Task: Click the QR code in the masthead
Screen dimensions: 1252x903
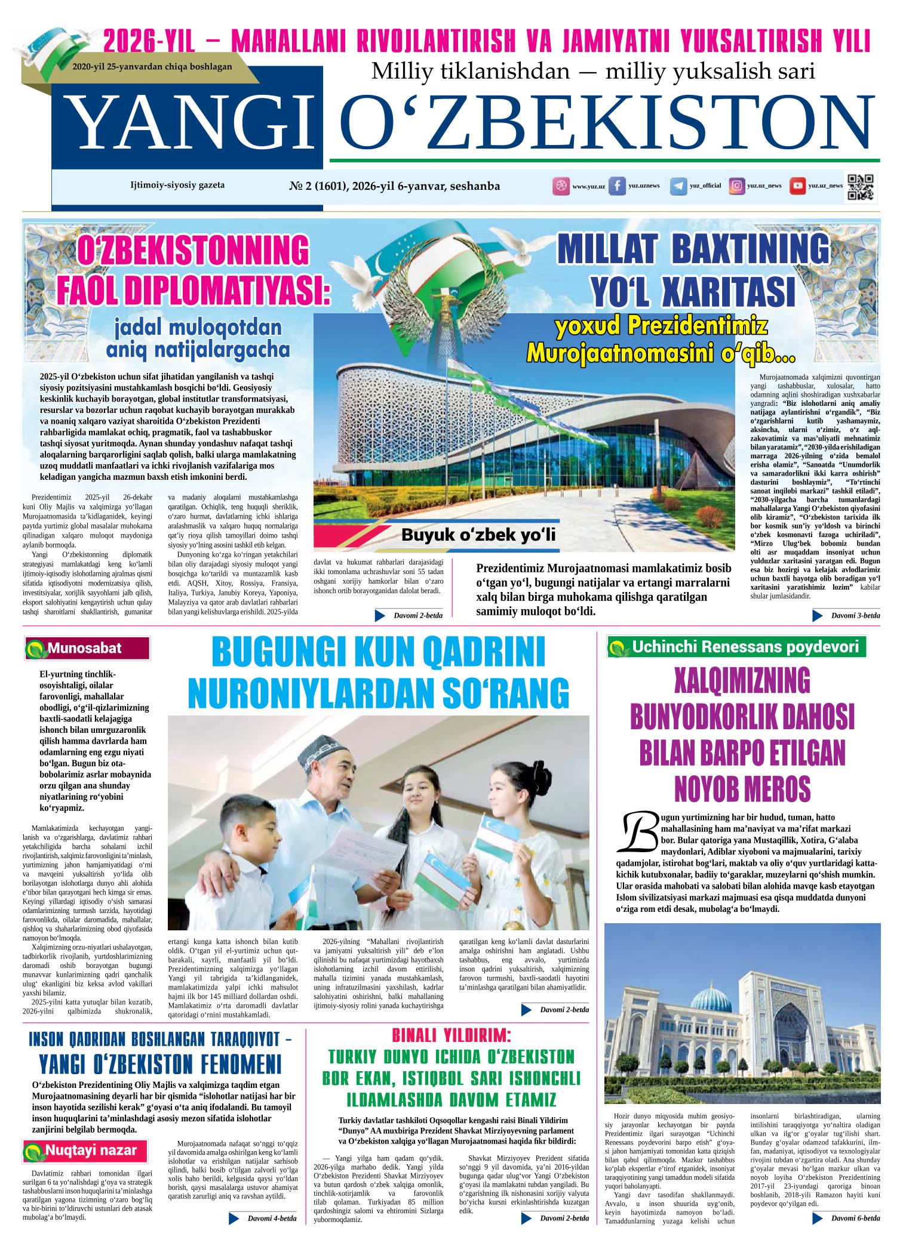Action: click(x=861, y=187)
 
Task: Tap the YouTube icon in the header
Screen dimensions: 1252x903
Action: click(x=797, y=186)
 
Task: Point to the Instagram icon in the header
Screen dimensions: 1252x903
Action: click(x=738, y=186)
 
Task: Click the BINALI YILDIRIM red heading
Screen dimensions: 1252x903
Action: click(x=451, y=1034)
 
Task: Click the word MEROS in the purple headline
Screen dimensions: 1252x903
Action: click(x=742, y=788)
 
